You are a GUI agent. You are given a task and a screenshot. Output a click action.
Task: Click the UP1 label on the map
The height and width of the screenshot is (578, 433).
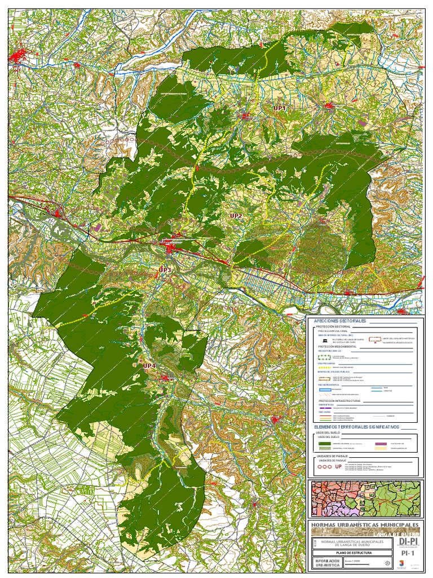click(x=280, y=107)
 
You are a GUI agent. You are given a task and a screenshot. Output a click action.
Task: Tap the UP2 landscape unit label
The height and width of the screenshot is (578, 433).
click(x=236, y=216)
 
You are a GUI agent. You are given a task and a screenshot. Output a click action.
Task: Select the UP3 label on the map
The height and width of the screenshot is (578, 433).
click(x=165, y=270)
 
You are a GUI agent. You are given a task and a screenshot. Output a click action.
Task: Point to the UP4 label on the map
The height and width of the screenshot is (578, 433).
click(x=149, y=366)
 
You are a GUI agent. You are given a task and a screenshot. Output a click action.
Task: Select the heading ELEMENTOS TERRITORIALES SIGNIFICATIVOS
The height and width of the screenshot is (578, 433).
click(x=356, y=427)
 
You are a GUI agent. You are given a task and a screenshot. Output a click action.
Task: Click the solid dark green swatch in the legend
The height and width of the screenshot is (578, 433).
click(x=325, y=444)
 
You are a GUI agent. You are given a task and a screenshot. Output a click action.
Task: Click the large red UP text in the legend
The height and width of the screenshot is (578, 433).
click(x=338, y=467)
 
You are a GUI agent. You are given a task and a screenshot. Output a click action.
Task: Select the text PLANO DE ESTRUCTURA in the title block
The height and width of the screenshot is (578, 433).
click(x=353, y=553)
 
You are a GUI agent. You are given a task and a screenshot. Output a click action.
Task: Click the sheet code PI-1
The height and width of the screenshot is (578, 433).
click(x=408, y=554)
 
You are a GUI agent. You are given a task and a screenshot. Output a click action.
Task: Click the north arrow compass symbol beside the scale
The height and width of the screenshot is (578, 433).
click(x=387, y=563)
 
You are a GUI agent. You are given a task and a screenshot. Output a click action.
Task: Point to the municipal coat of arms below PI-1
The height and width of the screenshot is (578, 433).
click(x=408, y=565)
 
